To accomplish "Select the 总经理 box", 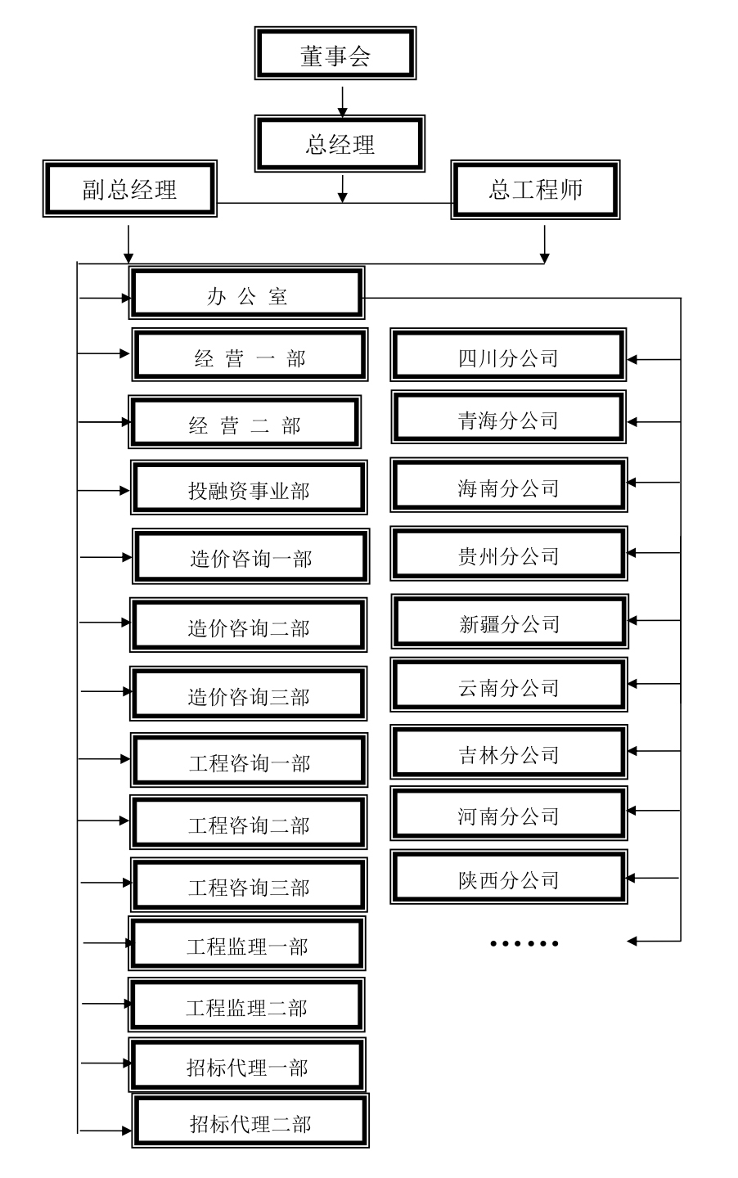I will click(x=340, y=144).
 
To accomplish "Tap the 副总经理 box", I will click(x=130, y=189).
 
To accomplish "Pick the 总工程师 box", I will click(x=535, y=190).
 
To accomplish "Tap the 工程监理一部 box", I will click(x=247, y=944).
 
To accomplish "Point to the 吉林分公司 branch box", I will click(x=509, y=753).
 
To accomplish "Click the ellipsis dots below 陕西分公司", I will click(x=524, y=942).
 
